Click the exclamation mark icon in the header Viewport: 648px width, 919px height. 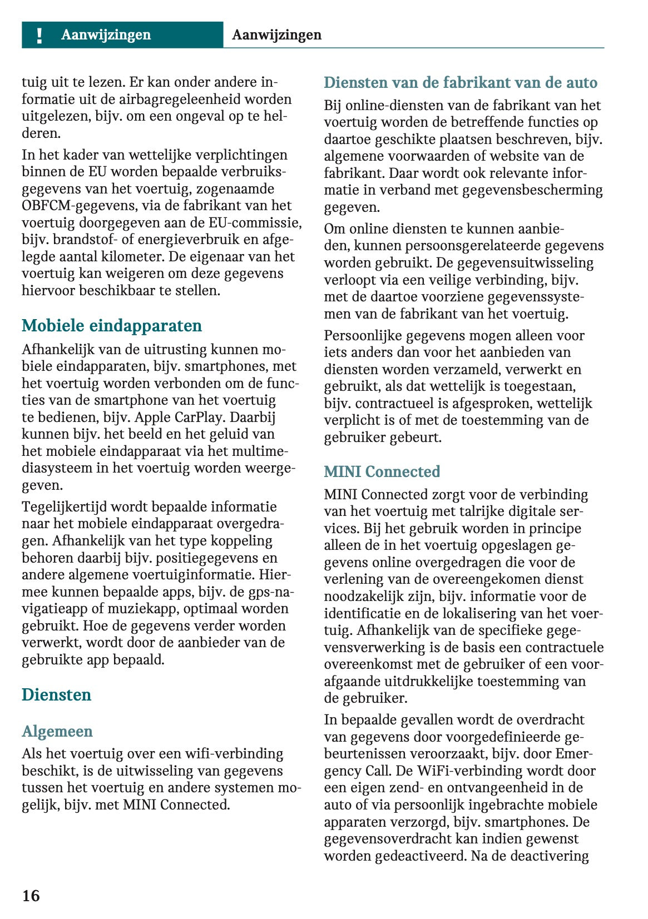coord(39,35)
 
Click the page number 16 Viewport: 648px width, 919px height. coord(31,895)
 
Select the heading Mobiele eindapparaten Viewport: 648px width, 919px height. coord(111,325)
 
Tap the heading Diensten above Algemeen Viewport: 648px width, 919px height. coord(56,694)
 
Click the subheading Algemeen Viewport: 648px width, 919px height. coord(57,731)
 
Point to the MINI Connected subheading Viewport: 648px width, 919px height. coord(382,471)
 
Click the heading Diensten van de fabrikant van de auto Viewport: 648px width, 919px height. coord(460,82)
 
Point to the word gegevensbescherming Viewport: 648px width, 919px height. coord(532,190)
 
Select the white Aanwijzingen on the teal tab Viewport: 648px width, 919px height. coord(106,35)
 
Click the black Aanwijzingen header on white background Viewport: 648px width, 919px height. coord(276,35)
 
